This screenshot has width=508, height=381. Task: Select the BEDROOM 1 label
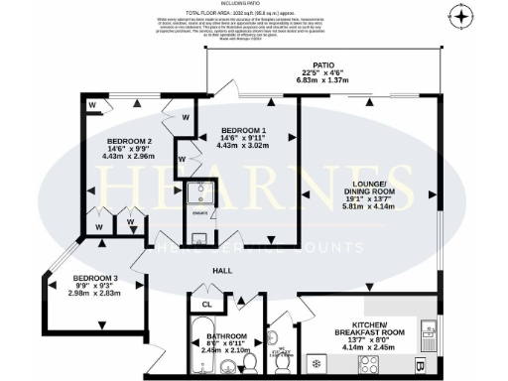click(x=244, y=131)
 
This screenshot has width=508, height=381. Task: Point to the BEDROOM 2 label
click(x=130, y=139)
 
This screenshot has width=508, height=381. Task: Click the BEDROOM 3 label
click(x=94, y=277)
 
